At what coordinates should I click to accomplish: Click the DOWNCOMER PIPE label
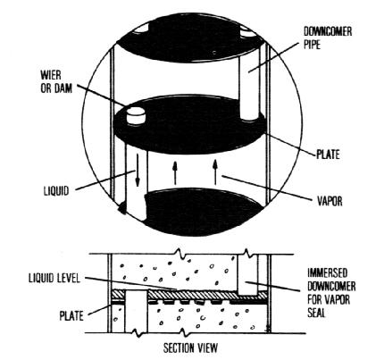[328, 38]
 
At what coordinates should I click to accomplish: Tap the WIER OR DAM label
[56, 81]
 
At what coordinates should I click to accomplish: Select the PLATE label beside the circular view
[328, 155]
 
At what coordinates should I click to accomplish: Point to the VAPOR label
[330, 201]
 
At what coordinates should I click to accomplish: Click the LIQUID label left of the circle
[56, 190]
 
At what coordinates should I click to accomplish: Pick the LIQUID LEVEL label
[54, 278]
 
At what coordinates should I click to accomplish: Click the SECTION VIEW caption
[190, 347]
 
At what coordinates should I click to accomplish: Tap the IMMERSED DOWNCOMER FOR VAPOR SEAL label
[331, 293]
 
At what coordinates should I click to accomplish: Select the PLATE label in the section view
[71, 315]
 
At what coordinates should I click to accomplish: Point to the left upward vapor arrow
[175, 172]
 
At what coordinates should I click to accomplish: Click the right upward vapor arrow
[215, 172]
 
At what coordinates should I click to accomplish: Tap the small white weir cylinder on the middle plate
[136, 115]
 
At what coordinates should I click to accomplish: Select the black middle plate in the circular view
[189, 127]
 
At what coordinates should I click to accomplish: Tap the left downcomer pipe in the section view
[136, 312]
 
